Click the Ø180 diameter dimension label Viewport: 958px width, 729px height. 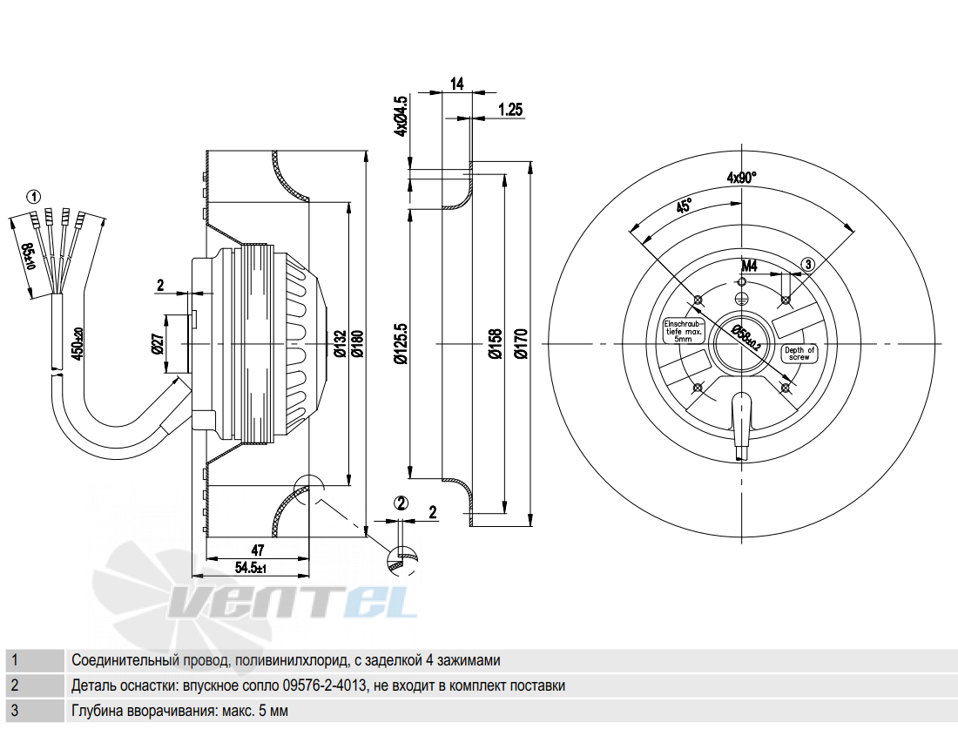(358, 345)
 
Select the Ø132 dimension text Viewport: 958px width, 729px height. (341, 345)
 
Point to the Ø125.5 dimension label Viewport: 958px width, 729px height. (401, 345)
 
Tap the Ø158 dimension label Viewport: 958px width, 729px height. (496, 344)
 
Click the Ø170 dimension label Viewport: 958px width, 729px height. (521, 344)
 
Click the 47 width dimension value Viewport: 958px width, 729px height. (258, 550)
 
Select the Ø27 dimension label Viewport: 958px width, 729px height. (157, 344)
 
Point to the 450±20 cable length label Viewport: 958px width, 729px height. (78, 343)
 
